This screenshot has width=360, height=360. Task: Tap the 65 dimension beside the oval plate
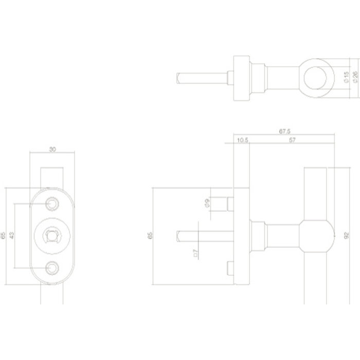[4, 236]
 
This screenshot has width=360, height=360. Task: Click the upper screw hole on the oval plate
[51, 204]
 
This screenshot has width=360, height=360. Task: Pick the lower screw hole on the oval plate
[51, 267]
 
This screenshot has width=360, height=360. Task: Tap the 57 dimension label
[292, 140]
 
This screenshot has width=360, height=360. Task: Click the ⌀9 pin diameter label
[206, 203]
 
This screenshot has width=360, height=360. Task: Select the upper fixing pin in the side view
[226, 204]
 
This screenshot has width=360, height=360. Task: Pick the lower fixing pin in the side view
[230, 268]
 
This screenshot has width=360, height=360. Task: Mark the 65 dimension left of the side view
[150, 236]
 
